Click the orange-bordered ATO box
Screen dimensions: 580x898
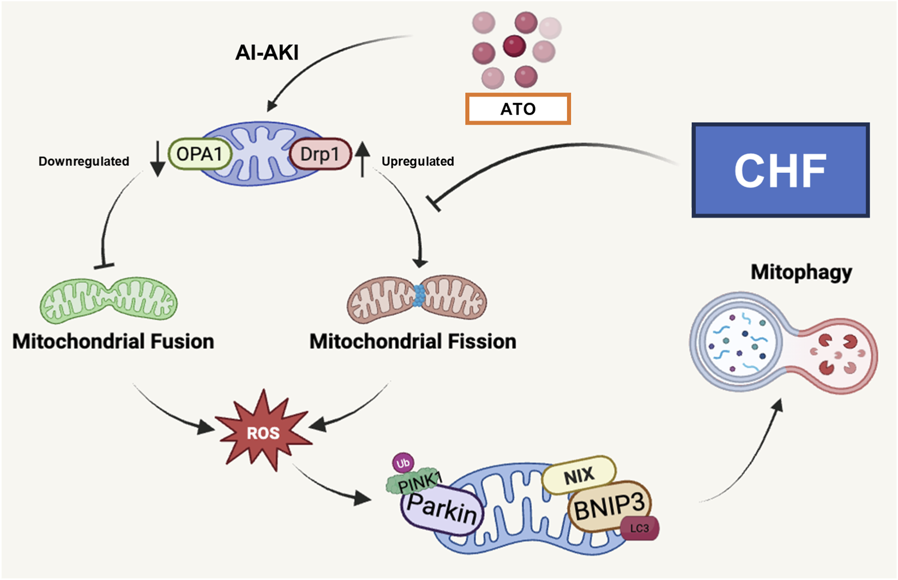click(517, 109)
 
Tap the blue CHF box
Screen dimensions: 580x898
click(780, 170)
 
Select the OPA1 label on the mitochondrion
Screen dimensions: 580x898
click(200, 154)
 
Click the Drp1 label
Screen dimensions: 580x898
click(320, 154)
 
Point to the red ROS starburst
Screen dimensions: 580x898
click(263, 433)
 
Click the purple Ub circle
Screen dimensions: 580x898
click(403, 463)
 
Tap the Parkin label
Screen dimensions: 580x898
click(442, 509)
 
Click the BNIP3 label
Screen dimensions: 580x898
click(609, 507)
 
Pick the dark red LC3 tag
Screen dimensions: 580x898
click(640, 528)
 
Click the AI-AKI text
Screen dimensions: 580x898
click(267, 53)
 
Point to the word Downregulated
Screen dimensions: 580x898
click(83, 161)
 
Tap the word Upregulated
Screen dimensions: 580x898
click(418, 161)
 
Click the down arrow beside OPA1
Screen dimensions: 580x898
click(158, 159)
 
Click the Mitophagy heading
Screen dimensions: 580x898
click(801, 271)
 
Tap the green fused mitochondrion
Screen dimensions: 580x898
click(109, 300)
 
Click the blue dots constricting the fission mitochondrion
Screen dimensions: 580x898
click(419, 295)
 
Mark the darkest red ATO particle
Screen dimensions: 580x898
click(514, 46)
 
